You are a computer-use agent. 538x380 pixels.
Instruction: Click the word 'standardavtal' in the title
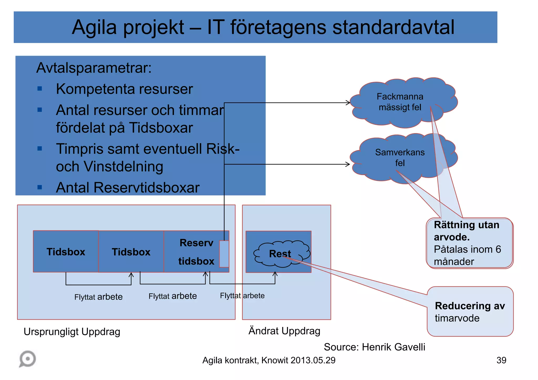click(x=393, y=27)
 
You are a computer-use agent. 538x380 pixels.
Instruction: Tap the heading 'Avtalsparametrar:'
click(x=94, y=68)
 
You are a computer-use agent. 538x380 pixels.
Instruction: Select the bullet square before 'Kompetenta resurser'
click(x=40, y=89)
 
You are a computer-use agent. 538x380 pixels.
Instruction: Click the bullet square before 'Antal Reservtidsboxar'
click(x=40, y=187)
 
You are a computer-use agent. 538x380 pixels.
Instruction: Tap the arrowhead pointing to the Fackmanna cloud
click(x=348, y=103)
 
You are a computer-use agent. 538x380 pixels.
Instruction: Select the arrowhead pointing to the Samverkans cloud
click(x=348, y=164)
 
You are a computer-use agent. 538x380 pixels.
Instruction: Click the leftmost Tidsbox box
click(x=66, y=251)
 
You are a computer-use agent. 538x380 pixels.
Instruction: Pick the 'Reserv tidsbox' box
click(x=193, y=252)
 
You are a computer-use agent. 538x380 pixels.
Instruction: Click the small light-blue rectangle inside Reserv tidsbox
click(x=224, y=254)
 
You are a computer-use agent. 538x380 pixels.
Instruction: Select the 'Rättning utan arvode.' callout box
click(x=469, y=243)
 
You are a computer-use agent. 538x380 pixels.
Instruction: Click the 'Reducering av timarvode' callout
click(x=470, y=312)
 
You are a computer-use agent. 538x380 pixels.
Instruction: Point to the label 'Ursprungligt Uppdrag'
click(x=72, y=332)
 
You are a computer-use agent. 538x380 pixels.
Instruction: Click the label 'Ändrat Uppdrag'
click(x=284, y=331)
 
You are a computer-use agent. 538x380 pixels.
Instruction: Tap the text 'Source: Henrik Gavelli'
click(x=374, y=347)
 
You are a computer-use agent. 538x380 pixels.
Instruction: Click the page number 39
click(x=501, y=360)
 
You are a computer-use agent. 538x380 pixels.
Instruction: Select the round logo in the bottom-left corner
click(x=27, y=359)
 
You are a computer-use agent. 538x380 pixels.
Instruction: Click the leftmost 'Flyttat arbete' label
click(x=98, y=297)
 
